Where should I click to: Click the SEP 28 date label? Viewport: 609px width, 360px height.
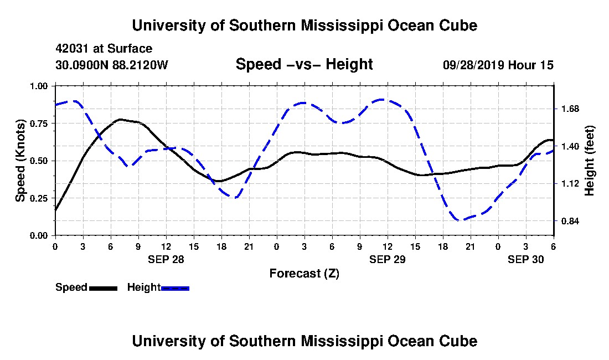[x=166, y=259]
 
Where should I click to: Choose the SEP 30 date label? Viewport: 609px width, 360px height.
[x=526, y=259]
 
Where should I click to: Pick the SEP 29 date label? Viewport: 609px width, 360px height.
[x=388, y=259]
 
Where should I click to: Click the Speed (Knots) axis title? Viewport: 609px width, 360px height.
[x=20, y=161]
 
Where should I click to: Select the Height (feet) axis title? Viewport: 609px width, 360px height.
[x=590, y=161]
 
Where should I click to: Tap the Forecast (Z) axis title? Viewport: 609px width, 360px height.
[x=304, y=273]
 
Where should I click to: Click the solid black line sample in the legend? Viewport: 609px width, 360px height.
[x=103, y=288]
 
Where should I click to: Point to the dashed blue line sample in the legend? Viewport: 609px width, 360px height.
[x=175, y=288]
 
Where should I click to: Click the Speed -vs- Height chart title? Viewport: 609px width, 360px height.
[x=304, y=64]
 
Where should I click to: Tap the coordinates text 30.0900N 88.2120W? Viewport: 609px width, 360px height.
[x=111, y=65]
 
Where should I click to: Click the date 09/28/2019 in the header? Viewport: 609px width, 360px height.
[x=473, y=65]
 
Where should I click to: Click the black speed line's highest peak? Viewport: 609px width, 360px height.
[x=121, y=119]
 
